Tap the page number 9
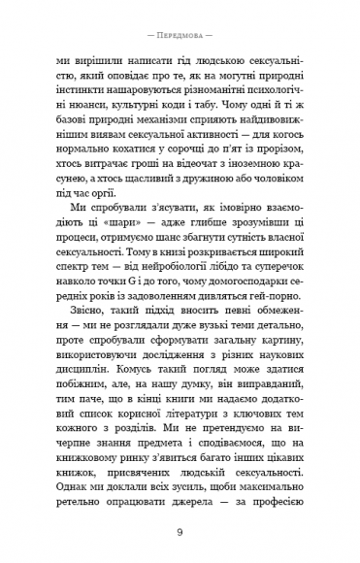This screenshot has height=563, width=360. (x=180, y=531)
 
